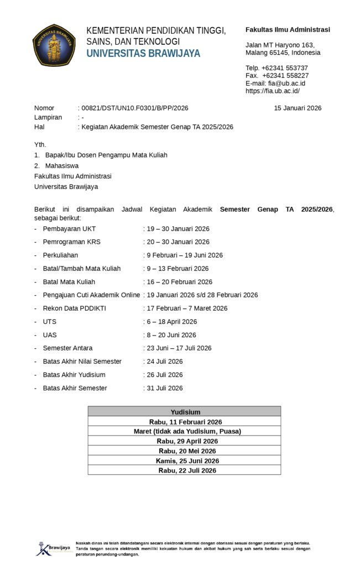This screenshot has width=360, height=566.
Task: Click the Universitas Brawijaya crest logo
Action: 54,45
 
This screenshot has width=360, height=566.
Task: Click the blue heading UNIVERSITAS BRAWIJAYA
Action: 143,54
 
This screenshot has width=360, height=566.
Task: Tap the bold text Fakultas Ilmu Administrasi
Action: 288,30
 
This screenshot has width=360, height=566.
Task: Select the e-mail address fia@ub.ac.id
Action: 291,83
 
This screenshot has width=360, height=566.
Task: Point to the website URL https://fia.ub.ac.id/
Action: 273,91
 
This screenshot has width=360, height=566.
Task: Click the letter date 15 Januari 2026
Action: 298,108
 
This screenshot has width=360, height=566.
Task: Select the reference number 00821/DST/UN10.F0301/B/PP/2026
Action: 134,108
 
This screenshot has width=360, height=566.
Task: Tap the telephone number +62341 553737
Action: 284,68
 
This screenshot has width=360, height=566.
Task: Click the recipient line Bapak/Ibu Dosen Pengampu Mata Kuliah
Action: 106,155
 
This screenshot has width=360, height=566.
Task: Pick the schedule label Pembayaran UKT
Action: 69,229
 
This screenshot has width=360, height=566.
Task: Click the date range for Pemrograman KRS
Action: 178,242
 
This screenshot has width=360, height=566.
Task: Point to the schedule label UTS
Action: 49,322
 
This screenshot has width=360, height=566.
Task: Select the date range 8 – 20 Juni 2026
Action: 171,335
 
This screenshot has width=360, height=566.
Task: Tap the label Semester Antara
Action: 67,348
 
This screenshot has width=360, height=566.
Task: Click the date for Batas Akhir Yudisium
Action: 164,375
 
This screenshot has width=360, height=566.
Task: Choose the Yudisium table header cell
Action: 185,412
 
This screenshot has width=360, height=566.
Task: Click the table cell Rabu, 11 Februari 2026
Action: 185,422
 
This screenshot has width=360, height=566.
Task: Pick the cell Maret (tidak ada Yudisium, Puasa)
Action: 185,432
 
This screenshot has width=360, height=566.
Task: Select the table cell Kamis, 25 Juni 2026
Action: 185,461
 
